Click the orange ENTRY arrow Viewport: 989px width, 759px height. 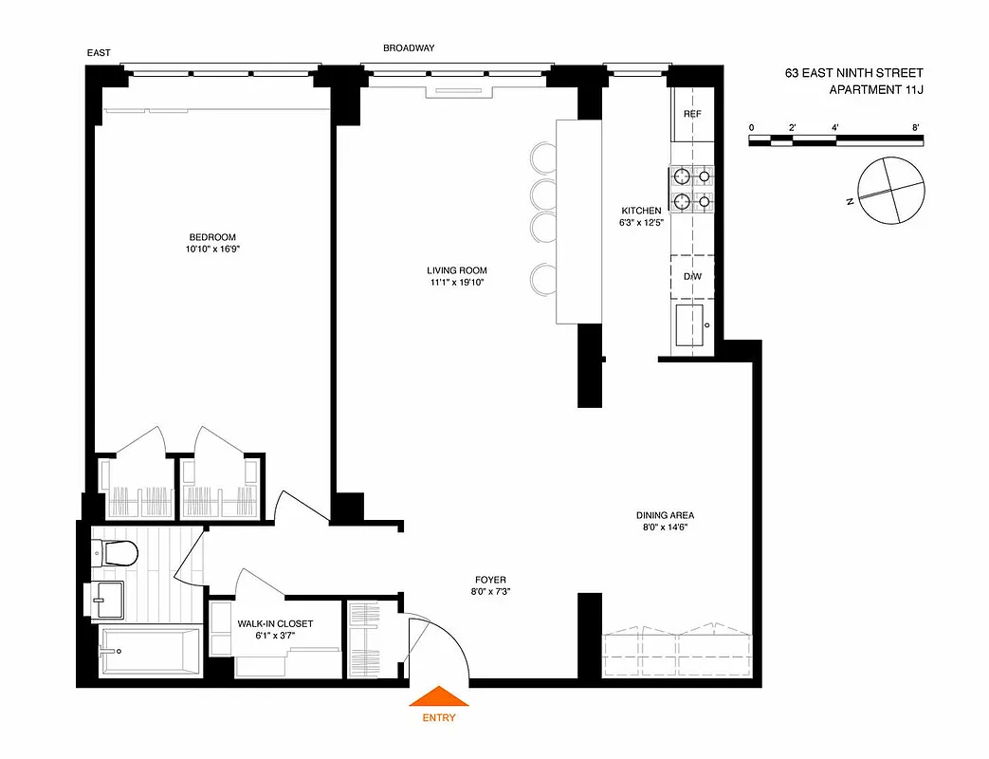click(x=438, y=697)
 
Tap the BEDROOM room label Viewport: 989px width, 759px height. click(x=211, y=237)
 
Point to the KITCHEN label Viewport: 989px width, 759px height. click(x=641, y=211)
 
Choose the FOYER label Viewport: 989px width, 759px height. click(x=490, y=579)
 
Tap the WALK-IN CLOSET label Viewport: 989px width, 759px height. click(x=275, y=623)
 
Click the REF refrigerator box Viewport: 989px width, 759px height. click(x=692, y=114)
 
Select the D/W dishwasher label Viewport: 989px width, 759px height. click(x=692, y=276)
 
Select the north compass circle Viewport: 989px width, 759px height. click(x=889, y=190)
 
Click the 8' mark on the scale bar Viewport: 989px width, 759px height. click(x=915, y=127)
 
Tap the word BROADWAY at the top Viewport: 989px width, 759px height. click(x=409, y=48)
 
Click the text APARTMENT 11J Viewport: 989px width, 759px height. click(x=875, y=90)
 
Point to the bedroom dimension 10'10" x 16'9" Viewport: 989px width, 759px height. click(x=211, y=250)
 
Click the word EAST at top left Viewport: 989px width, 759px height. click(x=99, y=54)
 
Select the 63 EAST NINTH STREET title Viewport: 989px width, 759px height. click(x=853, y=73)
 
